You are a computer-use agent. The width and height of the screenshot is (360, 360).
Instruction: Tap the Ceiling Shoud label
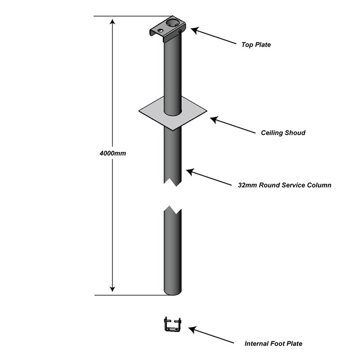coord(283,133)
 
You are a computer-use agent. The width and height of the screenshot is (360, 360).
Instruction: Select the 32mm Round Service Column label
coord(284,185)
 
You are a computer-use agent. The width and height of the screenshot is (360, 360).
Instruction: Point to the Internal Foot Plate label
coord(273,344)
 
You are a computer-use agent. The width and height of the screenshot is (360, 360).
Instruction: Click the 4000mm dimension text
coord(112,153)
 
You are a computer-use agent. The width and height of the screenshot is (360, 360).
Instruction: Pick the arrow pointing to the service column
coord(211,177)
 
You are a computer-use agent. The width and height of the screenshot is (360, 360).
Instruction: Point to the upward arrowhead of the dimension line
coord(112,21)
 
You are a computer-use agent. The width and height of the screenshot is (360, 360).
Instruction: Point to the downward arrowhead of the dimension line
coord(112,289)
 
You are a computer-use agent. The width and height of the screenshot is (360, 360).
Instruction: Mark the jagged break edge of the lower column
coord(173,209)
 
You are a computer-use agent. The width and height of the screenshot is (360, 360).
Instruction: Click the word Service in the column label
coord(288,185)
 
